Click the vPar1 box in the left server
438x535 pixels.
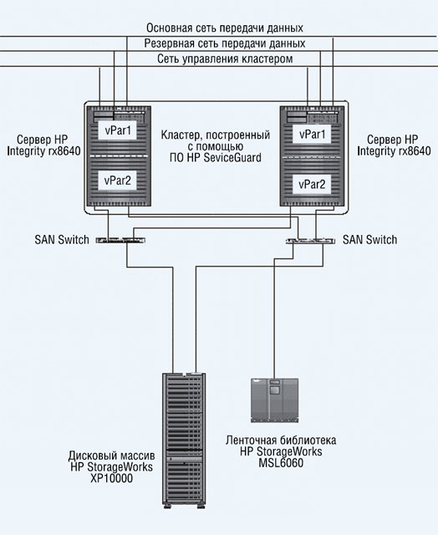[x=118, y=130]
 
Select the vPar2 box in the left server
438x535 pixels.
[x=118, y=181]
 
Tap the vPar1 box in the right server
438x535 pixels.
[x=312, y=134]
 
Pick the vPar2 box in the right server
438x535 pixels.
[x=312, y=185]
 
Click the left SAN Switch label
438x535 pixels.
[x=62, y=240]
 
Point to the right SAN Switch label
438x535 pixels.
[x=369, y=240]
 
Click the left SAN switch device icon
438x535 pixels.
[x=120, y=240]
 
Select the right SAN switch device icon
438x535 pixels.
[x=310, y=241]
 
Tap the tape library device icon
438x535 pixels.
[x=275, y=400]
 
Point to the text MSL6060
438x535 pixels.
[x=281, y=463]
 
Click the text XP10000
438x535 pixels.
[x=111, y=478]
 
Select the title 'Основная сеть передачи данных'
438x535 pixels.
[x=225, y=28]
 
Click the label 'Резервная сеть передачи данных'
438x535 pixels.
[x=225, y=43]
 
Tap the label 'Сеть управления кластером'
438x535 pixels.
[x=225, y=59]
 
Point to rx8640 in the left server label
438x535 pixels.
[x=63, y=150]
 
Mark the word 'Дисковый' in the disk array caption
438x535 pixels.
[x=90, y=456]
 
